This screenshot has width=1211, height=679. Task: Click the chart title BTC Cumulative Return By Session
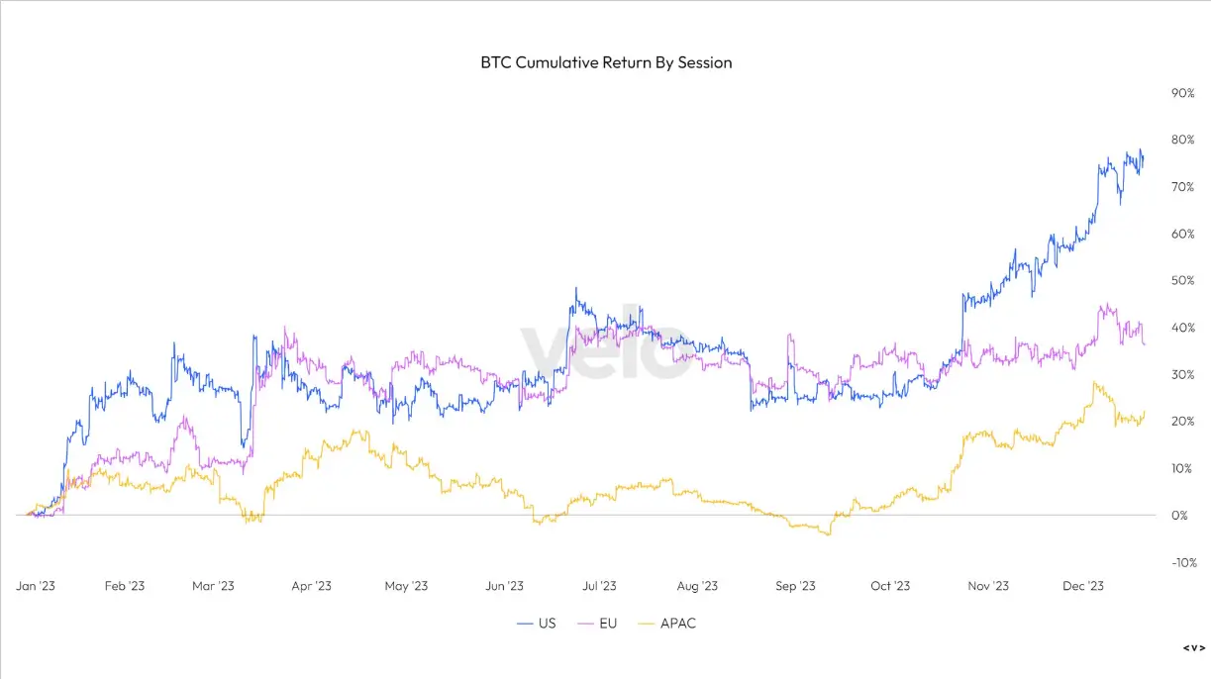point(606,62)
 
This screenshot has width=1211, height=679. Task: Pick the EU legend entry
point(605,624)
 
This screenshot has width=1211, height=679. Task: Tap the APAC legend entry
point(677,624)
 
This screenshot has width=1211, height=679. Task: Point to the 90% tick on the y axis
point(1182,93)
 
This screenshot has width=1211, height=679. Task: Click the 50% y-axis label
point(1182,281)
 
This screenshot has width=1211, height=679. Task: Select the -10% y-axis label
point(1181,562)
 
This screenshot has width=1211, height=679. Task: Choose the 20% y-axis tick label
point(1182,422)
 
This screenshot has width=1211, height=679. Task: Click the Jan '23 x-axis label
point(35,586)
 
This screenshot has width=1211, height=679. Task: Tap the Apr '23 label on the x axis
point(311,586)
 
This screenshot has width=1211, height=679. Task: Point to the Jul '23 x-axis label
point(598,586)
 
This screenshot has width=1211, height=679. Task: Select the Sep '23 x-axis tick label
point(794,586)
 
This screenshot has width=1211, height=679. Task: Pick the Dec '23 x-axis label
point(1082,586)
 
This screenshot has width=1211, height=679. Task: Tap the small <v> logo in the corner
point(1194,648)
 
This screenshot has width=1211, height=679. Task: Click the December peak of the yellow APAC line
point(1094,383)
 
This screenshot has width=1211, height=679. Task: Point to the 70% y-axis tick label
point(1182,187)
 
